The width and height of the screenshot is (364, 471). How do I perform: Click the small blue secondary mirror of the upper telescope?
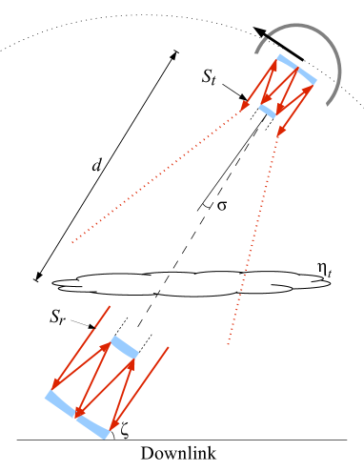point(268,110)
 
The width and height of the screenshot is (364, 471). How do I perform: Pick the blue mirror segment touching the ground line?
point(95,428)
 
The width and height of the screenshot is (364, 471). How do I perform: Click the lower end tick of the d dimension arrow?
point(37,280)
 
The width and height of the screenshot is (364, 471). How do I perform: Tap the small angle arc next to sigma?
point(206,205)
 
